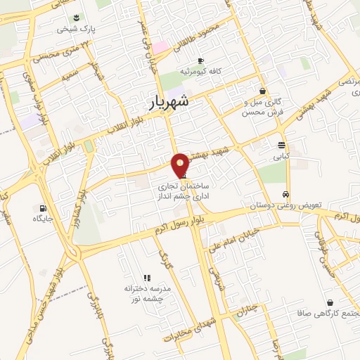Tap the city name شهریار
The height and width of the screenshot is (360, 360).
(x=170, y=103)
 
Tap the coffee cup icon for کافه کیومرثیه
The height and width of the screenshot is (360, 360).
(x=201, y=60)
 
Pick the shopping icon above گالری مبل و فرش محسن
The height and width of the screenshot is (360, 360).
(x=262, y=91)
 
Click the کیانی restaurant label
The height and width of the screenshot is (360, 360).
(x=281, y=157)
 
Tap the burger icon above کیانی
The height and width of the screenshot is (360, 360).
(x=281, y=146)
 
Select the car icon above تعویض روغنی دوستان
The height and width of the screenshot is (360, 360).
(x=285, y=194)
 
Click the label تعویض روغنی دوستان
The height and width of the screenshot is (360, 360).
(x=285, y=206)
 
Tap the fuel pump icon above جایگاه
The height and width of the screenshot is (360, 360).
(x=44, y=208)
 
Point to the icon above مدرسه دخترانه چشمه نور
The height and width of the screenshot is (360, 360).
(x=147, y=278)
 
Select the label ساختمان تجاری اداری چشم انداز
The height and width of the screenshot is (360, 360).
(x=183, y=186)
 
